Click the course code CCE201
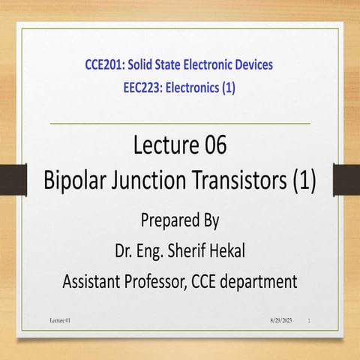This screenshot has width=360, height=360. [107, 64]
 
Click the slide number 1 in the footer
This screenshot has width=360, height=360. [310, 321]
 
